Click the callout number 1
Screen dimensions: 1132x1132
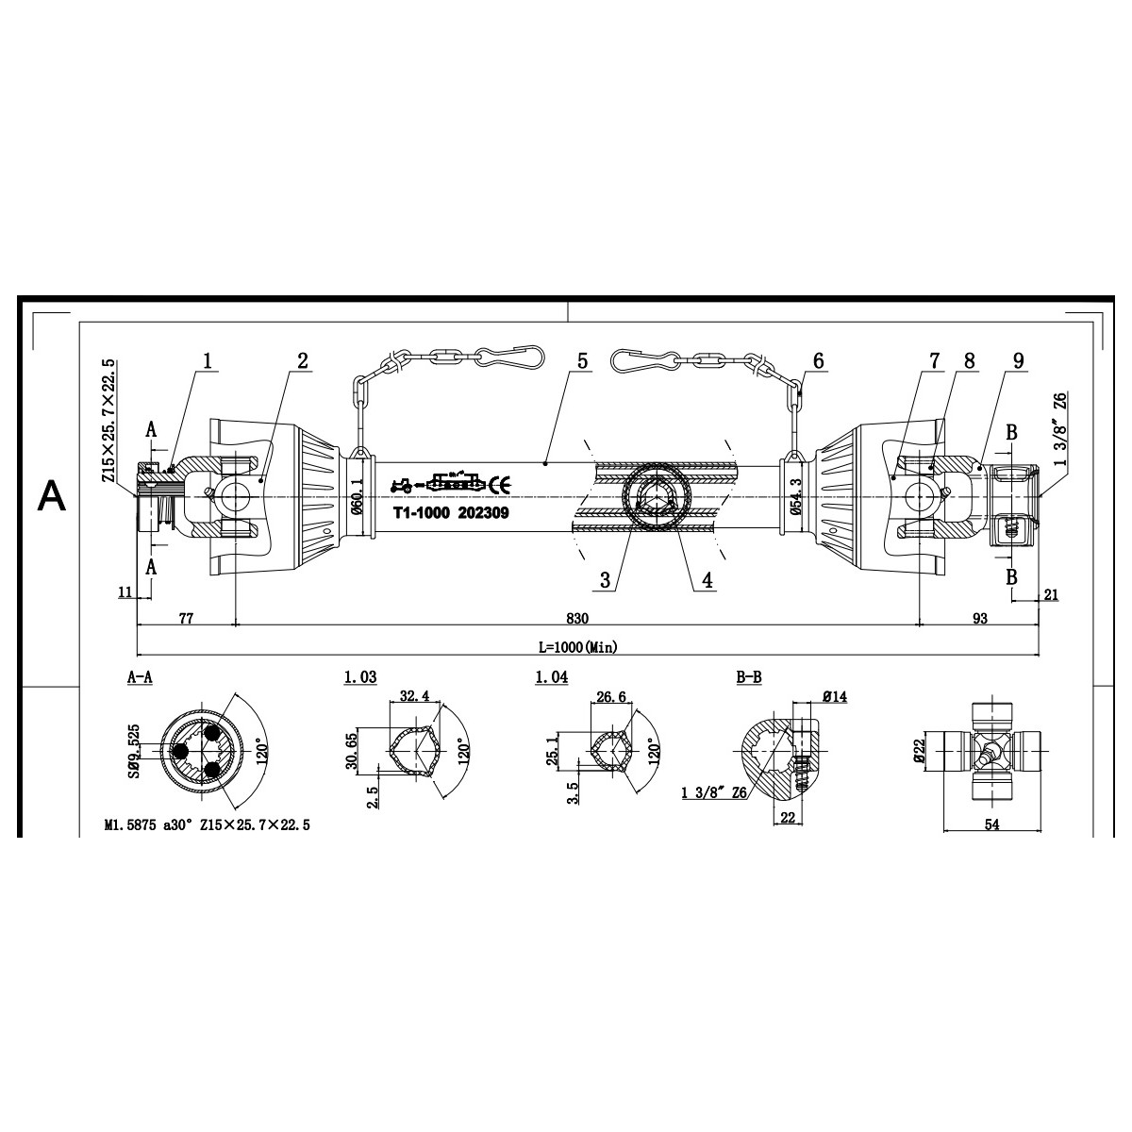(208, 359)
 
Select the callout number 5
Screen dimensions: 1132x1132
(582, 360)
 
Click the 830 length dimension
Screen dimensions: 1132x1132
(577, 618)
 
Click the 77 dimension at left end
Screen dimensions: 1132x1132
(186, 618)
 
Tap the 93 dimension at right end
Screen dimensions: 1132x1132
(979, 618)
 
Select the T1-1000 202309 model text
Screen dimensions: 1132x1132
(451, 514)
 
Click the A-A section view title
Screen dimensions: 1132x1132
(140, 677)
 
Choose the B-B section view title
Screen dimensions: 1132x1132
(748, 677)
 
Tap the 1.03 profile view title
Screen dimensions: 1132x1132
(360, 677)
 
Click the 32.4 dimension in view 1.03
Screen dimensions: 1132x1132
(414, 696)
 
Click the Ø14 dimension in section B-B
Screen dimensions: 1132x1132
(833, 696)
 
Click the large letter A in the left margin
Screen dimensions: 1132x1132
(51, 495)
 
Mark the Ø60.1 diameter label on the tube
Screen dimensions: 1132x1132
(358, 495)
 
